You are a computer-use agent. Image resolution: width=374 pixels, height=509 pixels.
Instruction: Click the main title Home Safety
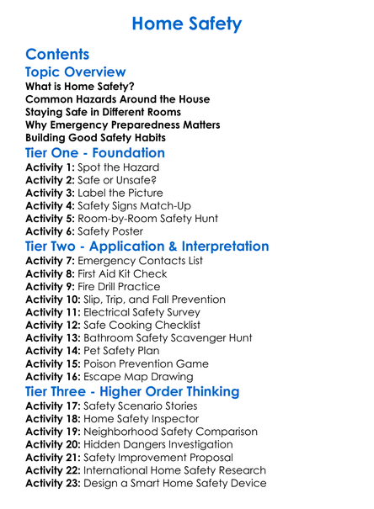[x=187, y=24]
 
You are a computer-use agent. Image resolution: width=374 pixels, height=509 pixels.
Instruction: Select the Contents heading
[x=57, y=54]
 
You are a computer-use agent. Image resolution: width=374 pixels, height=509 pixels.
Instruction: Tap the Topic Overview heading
[x=76, y=72]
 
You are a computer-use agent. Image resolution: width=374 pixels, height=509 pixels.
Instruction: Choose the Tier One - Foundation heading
[x=95, y=153]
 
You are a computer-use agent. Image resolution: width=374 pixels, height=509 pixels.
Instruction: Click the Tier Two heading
[x=147, y=247]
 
